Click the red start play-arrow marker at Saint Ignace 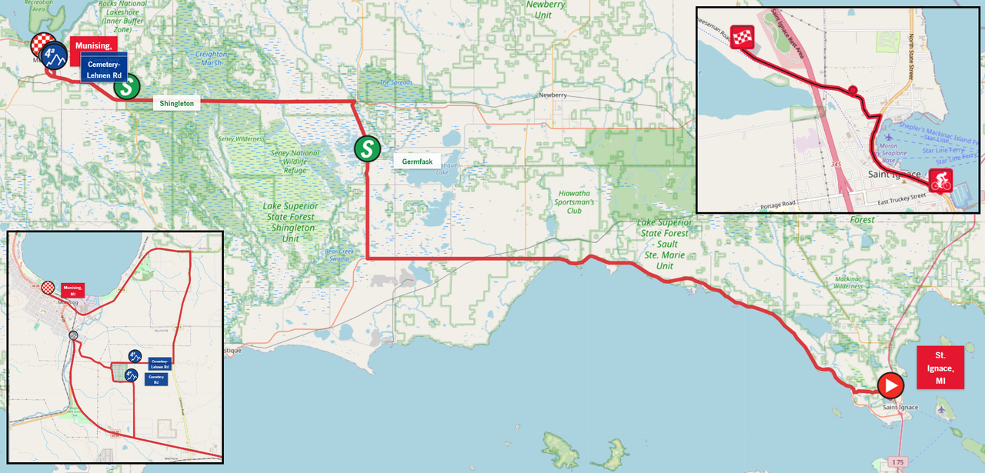pyautogui.click(x=890, y=385)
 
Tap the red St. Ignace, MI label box pyautogui.click(x=940, y=368)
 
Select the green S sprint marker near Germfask pyautogui.click(x=367, y=148)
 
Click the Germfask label pyautogui.click(x=417, y=161)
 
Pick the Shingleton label pyautogui.click(x=176, y=102)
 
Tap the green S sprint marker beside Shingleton pyautogui.click(x=126, y=87)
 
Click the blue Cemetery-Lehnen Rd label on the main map pyautogui.click(x=104, y=70)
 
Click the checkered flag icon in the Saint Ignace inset pyautogui.click(x=742, y=37)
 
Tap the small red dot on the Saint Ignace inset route pyautogui.click(x=853, y=92)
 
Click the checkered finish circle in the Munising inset pyautogui.click(x=48, y=288)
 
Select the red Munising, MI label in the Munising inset pyautogui.click(x=72, y=290)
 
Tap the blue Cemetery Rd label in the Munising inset pyautogui.click(x=156, y=379)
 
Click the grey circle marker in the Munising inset pyautogui.click(x=73, y=335)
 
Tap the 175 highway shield pyautogui.click(x=897, y=461)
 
